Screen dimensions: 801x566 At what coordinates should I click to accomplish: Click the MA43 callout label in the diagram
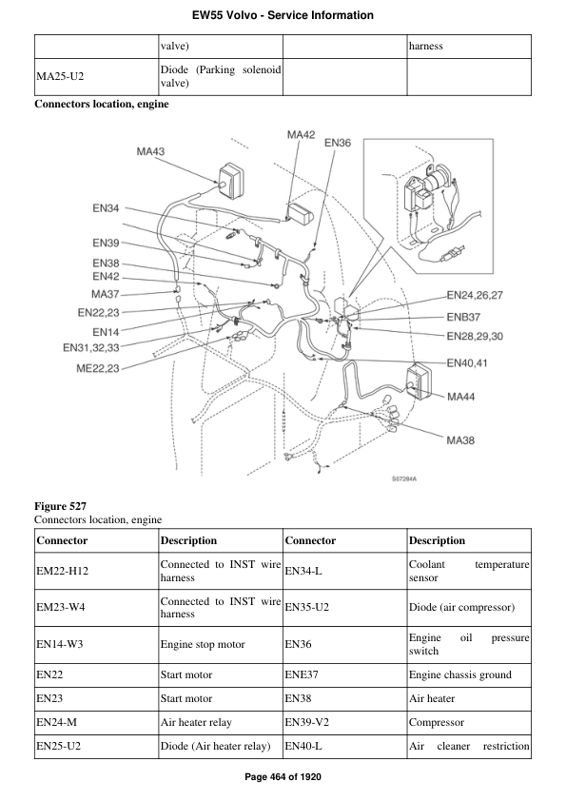point(150,151)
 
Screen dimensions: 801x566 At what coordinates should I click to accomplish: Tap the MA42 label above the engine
point(301,135)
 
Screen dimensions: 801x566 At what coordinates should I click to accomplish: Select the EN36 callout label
point(338,144)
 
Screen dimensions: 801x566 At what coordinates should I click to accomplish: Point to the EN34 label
point(106,208)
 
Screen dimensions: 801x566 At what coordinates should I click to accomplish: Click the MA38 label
point(461,440)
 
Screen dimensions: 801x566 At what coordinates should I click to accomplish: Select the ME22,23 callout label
point(97,369)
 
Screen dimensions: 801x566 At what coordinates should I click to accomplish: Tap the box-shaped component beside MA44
point(422,381)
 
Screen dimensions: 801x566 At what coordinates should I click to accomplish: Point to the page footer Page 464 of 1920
point(283,778)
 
